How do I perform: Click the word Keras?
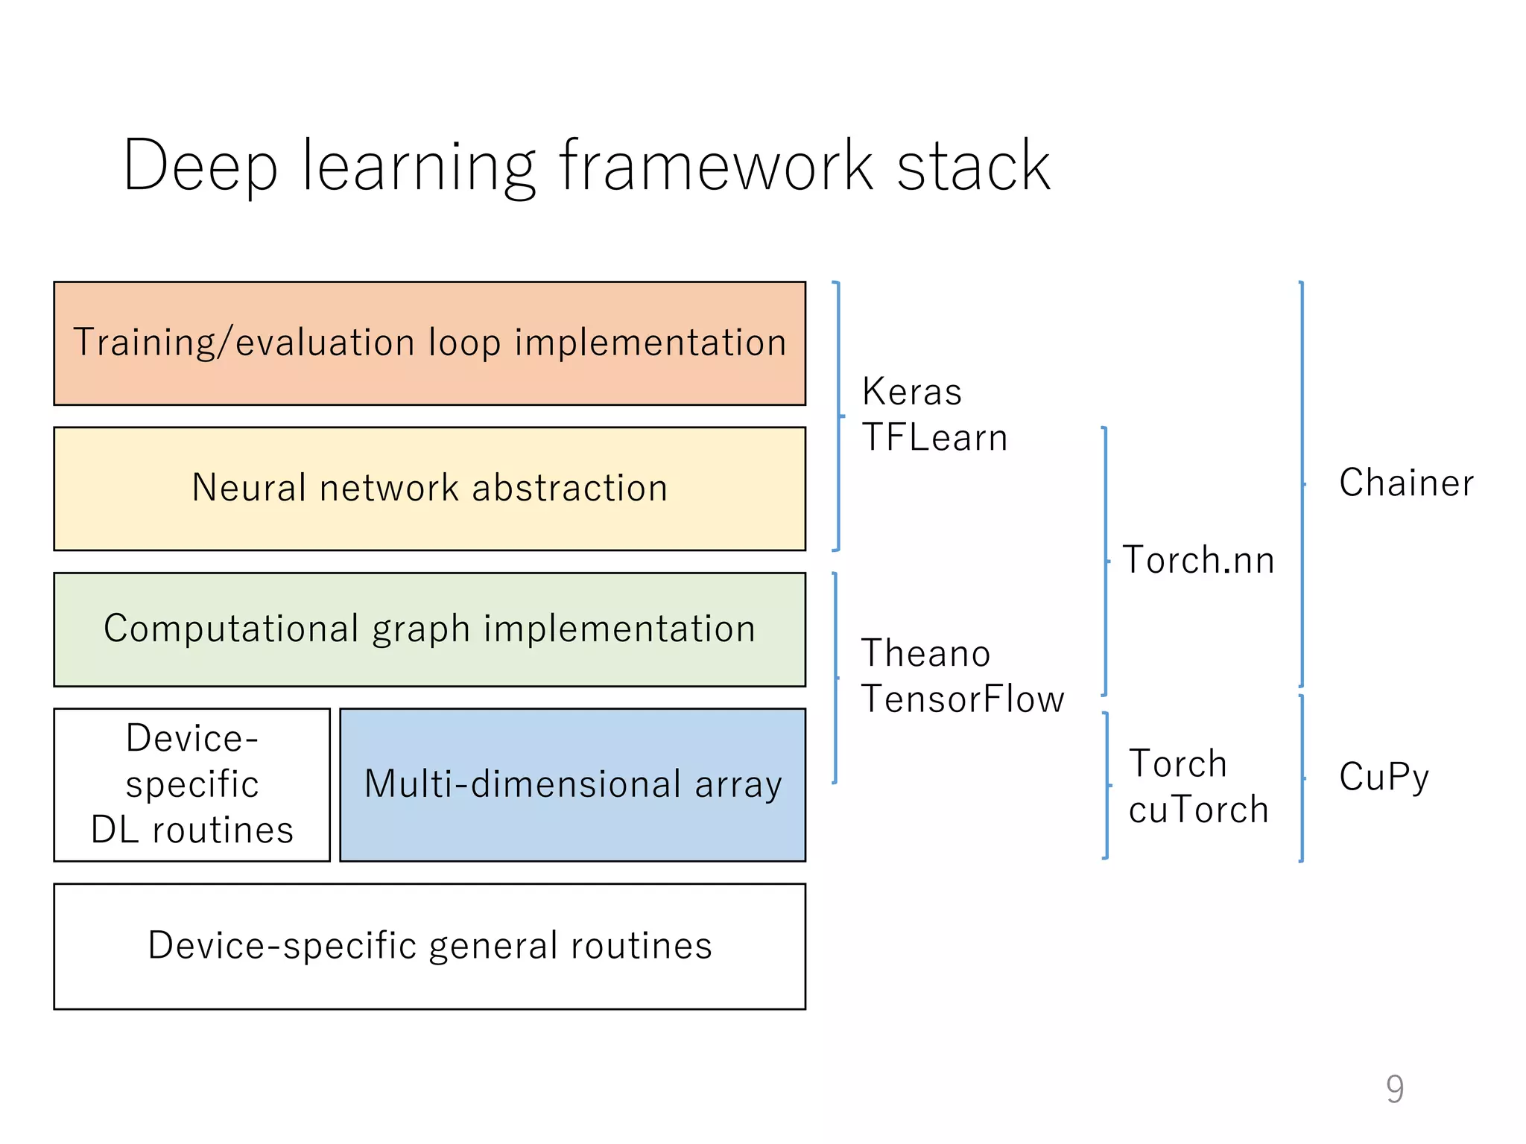(911, 392)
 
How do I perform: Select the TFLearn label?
(934, 437)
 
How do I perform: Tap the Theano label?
(925, 653)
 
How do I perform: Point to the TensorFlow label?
(963, 699)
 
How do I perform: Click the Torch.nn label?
(1198, 560)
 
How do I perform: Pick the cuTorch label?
(1198, 810)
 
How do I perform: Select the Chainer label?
(1406, 483)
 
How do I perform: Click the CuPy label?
(1384, 777)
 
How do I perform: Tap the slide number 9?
(1395, 1089)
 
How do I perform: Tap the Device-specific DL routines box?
(191, 784)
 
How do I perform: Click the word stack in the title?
(973, 166)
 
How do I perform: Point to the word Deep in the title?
(200, 166)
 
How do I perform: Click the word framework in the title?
(715, 166)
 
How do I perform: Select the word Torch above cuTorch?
(1177, 764)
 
